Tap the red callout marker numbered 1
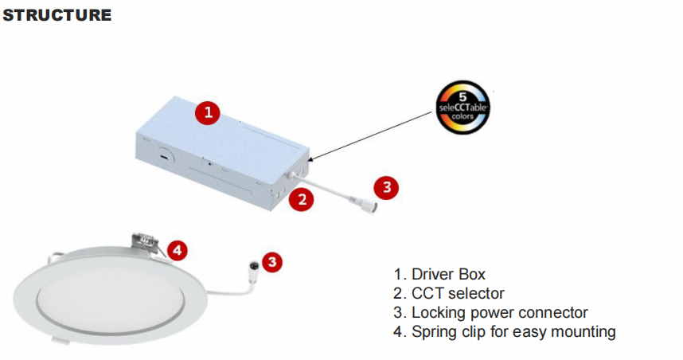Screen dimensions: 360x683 tap(208, 112)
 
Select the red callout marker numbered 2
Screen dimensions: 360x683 tap(300, 200)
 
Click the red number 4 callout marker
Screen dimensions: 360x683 tap(178, 250)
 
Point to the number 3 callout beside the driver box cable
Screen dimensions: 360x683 tap(386, 187)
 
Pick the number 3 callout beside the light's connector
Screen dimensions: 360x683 tap(272, 260)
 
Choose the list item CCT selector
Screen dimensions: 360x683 tap(450, 294)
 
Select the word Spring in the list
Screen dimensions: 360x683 tap(433, 331)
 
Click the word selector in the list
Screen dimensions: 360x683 tap(475, 294)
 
